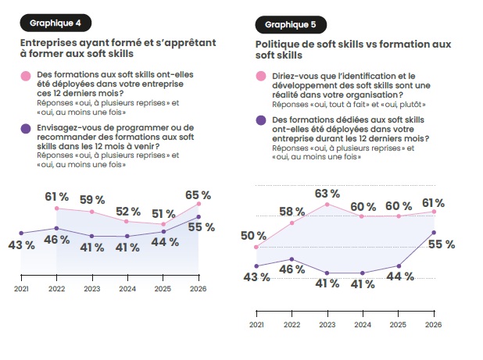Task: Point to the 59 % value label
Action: pyautogui.click(x=92, y=198)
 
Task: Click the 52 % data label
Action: pyautogui.click(x=127, y=211)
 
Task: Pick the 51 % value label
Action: pyautogui.click(x=163, y=214)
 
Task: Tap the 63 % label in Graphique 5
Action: pyautogui.click(x=326, y=193)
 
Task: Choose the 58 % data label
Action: pyautogui.click(x=291, y=212)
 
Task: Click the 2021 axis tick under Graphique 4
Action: pyautogui.click(x=20, y=288)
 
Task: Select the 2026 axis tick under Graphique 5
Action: pyautogui.click(x=433, y=323)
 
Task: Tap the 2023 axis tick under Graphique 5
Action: pyautogui.click(x=327, y=323)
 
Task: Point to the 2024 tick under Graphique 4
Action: pyautogui.click(x=127, y=288)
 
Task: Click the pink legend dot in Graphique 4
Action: pyautogui.click(x=26, y=77)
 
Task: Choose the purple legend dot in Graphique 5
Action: pyautogui.click(x=261, y=120)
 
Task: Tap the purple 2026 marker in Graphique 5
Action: pyautogui.click(x=433, y=233)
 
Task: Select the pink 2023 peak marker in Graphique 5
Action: pyautogui.click(x=327, y=204)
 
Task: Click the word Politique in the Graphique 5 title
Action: pyautogui.click(x=278, y=44)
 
